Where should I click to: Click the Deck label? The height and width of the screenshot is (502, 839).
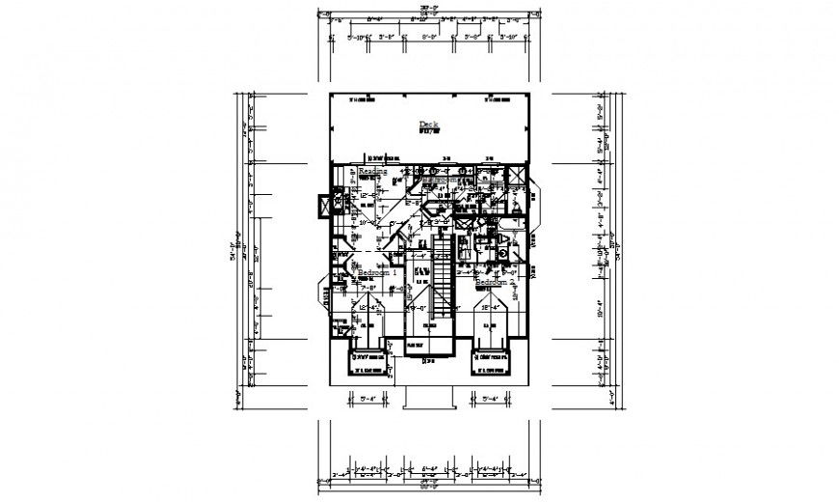click(x=427, y=124)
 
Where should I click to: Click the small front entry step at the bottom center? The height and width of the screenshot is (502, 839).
click(x=427, y=397)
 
